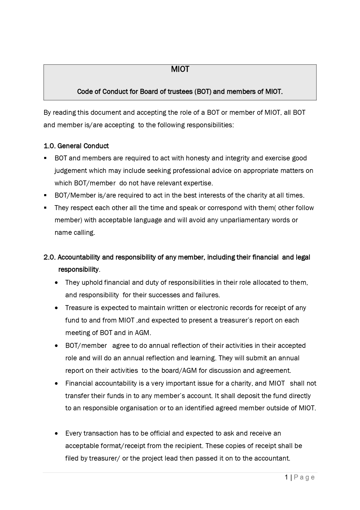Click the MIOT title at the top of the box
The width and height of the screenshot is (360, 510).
click(x=180, y=69)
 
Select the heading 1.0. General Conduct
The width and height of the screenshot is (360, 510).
click(x=76, y=146)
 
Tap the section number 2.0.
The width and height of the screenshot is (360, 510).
click(x=50, y=257)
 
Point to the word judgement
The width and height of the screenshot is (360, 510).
click(x=71, y=171)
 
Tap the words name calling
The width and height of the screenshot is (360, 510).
click(x=75, y=232)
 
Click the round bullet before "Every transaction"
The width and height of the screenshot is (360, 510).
click(x=56, y=434)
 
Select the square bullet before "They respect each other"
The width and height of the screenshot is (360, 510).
click(x=45, y=208)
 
